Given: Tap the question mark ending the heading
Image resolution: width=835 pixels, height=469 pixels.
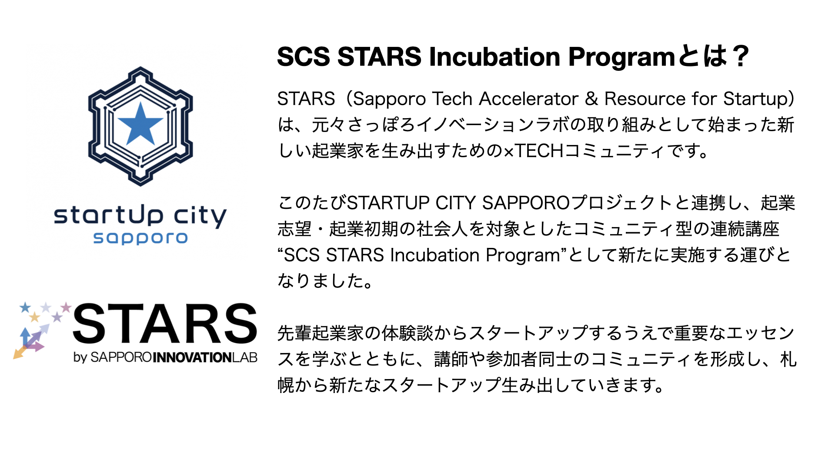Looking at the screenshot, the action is [x=740, y=57].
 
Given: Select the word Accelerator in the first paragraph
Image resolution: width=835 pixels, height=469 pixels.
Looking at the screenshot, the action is [x=529, y=99].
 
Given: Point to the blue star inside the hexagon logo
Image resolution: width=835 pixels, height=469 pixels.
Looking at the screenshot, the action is [x=140, y=124].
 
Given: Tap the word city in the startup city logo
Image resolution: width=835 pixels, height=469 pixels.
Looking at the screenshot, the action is [x=200, y=216].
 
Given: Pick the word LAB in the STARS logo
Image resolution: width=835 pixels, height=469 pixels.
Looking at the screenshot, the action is [x=244, y=357].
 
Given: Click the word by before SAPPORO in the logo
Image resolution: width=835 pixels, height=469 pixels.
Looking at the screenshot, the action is [x=80, y=358].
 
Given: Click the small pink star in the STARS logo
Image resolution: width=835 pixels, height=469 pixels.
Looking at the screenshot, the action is [x=66, y=307].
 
